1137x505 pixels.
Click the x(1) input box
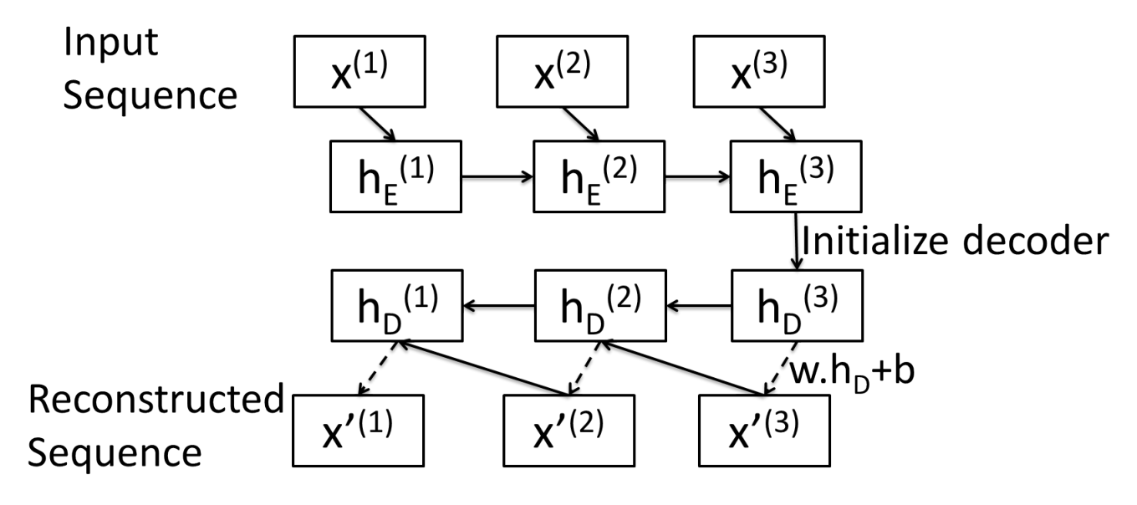click(359, 72)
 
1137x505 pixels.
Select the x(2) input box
click(563, 72)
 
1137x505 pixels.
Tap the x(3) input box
click(759, 72)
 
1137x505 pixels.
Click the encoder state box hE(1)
click(396, 176)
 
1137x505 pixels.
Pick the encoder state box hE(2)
click(599, 176)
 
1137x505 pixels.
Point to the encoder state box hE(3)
click(796, 176)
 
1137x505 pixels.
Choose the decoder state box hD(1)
click(397, 305)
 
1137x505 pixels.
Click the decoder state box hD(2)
click(600, 305)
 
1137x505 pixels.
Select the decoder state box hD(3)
click(797, 305)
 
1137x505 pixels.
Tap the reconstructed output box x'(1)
click(359, 431)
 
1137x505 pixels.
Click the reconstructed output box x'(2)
click(569, 431)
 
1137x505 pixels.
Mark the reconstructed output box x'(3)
click(764, 431)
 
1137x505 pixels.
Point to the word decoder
click(1036, 241)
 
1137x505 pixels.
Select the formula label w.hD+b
click(853, 374)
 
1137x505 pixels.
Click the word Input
click(110, 43)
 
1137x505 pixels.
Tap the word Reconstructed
click(156, 400)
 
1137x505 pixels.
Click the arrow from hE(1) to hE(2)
click(497, 176)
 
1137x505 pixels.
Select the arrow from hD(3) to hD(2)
click(699, 306)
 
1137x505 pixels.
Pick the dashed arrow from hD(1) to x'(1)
click(378, 368)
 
